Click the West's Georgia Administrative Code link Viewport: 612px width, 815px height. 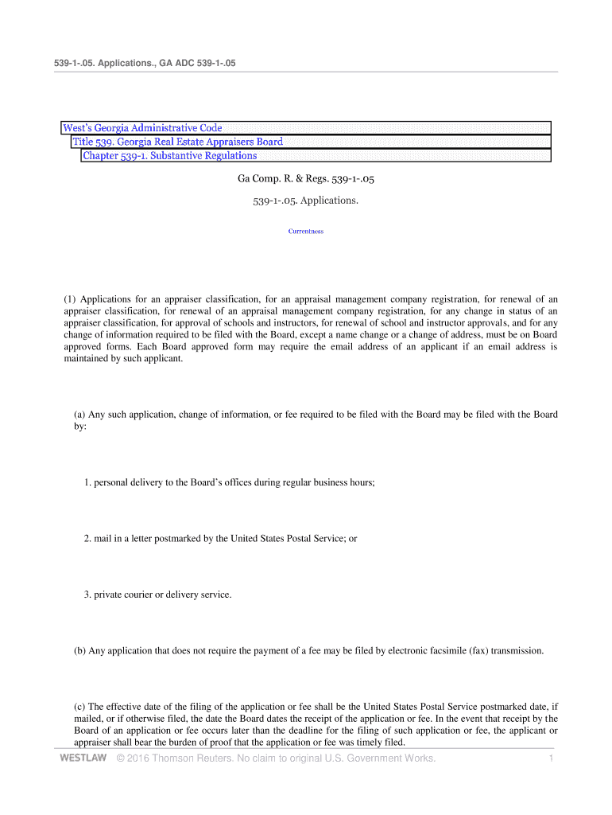tap(143, 128)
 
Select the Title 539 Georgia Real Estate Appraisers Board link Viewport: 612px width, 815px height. tap(178, 142)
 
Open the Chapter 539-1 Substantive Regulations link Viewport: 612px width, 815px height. tap(170, 155)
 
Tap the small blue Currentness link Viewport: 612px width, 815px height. tap(306, 232)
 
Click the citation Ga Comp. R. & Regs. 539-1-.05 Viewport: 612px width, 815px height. tap(306, 180)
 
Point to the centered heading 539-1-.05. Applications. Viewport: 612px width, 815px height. tap(306, 201)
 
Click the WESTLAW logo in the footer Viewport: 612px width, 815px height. tap(83, 758)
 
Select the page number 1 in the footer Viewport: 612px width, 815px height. tap(550, 758)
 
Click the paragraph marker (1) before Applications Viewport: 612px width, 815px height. tap(69, 299)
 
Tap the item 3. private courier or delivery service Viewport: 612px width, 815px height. tap(157, 595)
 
